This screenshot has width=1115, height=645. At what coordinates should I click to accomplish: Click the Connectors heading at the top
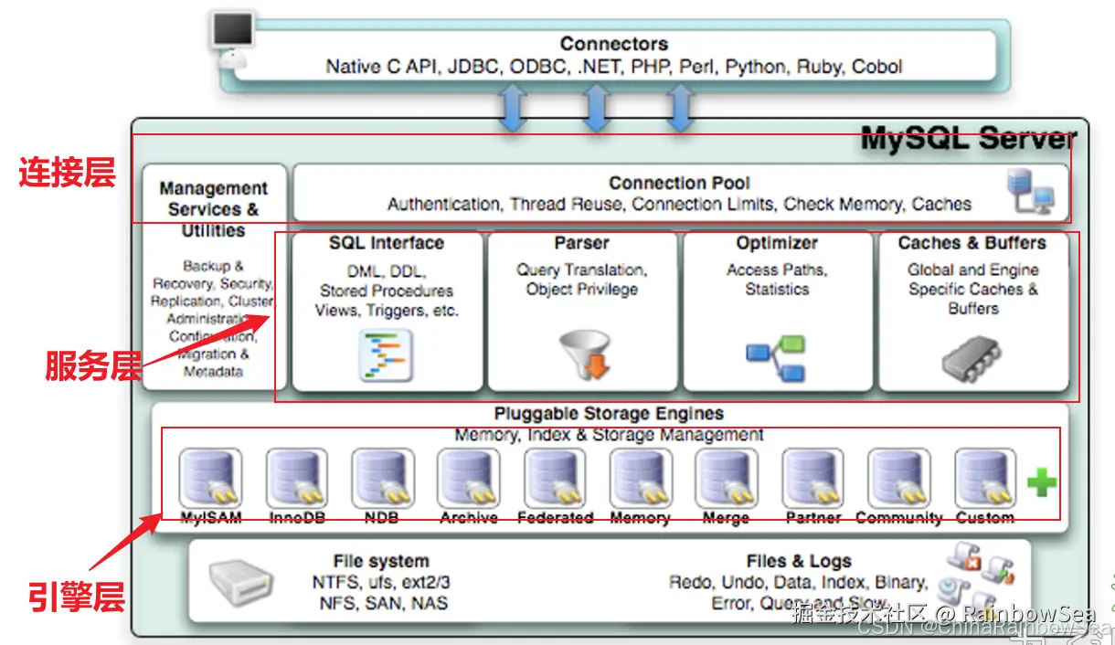[x=613, y=44]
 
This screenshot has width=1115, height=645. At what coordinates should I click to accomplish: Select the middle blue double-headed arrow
[x=595, y=108]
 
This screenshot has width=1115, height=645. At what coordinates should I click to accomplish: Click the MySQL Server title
[x=968, y=140]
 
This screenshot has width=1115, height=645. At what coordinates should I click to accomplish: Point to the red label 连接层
[x=68, y=174]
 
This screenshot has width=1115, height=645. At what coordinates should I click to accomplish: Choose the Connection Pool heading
[x=679, y=183]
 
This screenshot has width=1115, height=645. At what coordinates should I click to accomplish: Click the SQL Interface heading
[x=387, y=243]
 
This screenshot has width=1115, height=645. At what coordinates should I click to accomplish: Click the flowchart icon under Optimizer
[x=776, y=359]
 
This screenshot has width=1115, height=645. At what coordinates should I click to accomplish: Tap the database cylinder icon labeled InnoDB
[x=296, y=478]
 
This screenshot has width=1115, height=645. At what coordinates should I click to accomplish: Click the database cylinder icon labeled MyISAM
[x=210, y=478]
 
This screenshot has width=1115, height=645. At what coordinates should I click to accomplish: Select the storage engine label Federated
[x=555, y=518]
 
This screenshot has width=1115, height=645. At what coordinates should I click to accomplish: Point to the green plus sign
[x=1041, y=481]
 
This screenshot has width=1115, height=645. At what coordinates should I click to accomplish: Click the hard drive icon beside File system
[x=240, y=581]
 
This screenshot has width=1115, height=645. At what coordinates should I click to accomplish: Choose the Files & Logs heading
[x=798, y=561]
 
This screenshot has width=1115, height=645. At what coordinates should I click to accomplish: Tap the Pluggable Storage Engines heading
[x=609, y=414]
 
